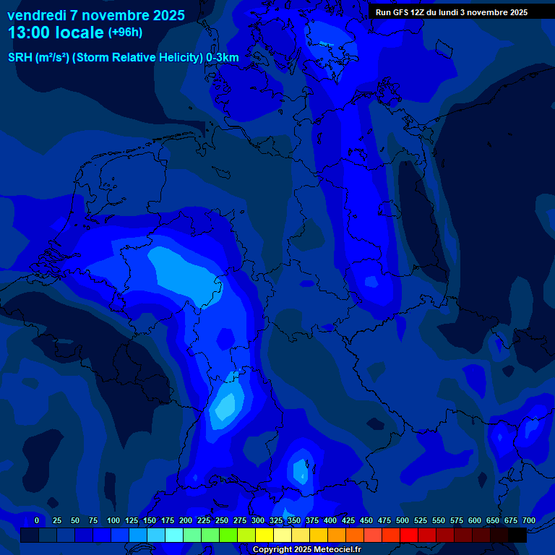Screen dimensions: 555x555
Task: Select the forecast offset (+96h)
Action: coord(125,33)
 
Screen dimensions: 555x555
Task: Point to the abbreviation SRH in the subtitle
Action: coord(20,58)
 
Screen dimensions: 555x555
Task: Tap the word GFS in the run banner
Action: coord(400,12)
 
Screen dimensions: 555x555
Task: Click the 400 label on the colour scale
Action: coord(330,520)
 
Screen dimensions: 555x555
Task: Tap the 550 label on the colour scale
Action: coord(439,520)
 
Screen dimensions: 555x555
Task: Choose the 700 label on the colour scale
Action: coord(528,520)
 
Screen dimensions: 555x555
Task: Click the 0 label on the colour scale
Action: coord(37,520)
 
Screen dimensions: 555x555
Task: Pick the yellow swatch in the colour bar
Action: coord(264,535)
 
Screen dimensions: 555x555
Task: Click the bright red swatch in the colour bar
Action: coord(409,535)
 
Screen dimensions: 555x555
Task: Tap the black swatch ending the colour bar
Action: coord(517,535)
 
